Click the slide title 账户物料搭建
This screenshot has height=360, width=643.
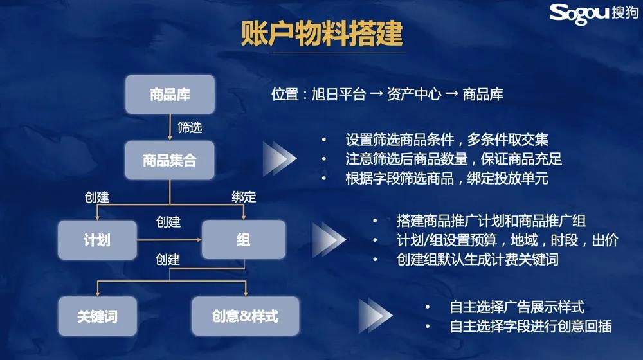click(322, 33)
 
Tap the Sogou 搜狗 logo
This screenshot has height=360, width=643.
click(593, 14)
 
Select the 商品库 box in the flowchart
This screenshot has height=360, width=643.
click(170, 94)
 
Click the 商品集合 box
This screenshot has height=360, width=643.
click(170, 160)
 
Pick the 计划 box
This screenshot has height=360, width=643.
click(97, 240)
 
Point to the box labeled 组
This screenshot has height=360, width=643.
click(244, 239)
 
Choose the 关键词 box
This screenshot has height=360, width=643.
click(97, 316)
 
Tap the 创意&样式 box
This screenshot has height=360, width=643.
click(245, 316)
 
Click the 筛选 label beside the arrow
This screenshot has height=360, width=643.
click(190, 127)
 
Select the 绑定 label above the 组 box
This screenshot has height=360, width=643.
click(244, 197)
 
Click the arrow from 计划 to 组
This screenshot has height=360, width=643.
click(169, 239)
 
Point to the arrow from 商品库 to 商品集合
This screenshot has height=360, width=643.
click(170, 127)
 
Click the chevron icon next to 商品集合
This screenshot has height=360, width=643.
click(280, 159)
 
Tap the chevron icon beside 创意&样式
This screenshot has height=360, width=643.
click(376, 315)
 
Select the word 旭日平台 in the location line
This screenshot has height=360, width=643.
click(338, 94)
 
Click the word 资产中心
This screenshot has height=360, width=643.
click(414, 94)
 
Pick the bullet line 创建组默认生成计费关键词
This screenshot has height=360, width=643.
click(477, 259)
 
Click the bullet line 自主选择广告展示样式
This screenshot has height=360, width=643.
click(517, 307)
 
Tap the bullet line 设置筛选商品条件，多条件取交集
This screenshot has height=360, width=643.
click(447, 139)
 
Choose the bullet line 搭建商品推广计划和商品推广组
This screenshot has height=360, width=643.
click(491, 221)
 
